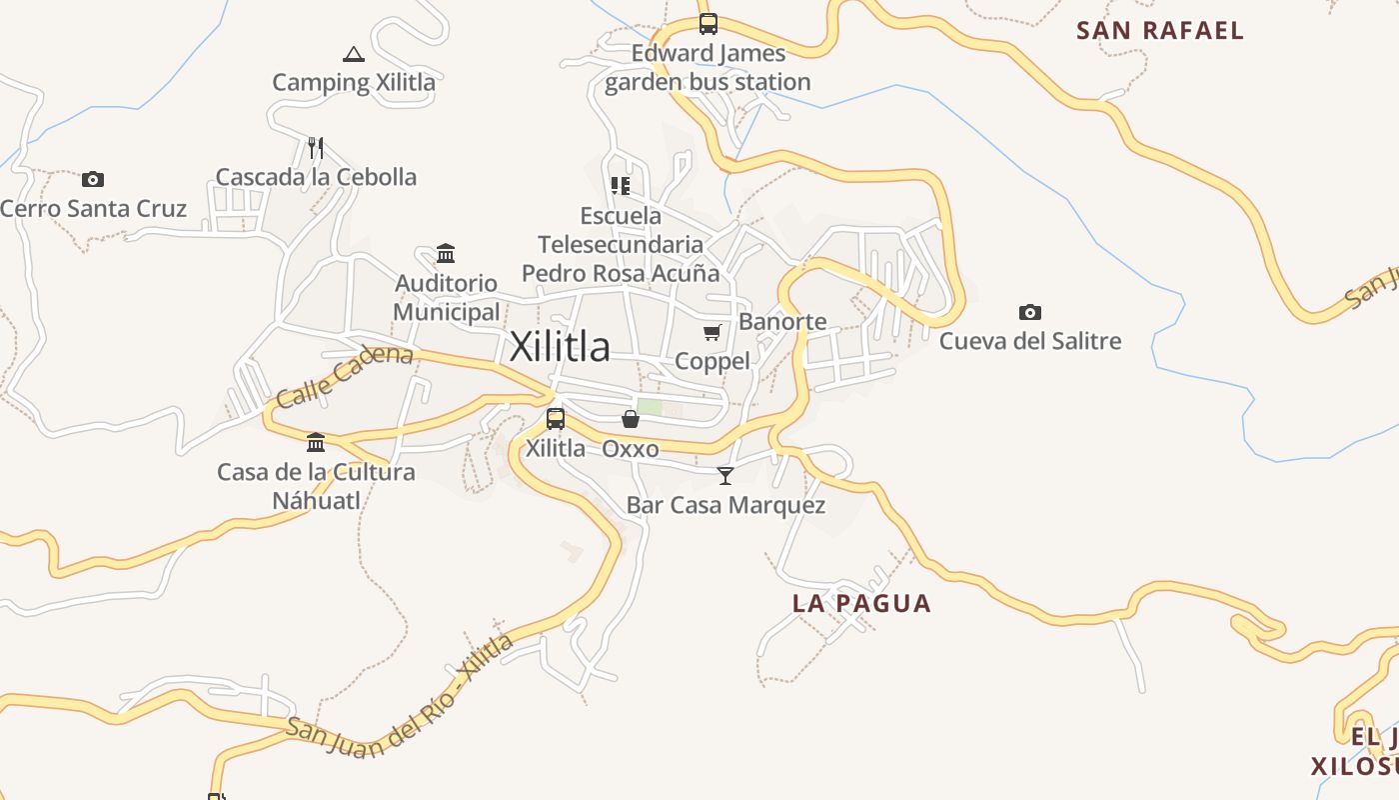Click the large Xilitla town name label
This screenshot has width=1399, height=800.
coord(560,347)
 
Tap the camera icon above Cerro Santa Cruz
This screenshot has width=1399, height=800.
coord(93,180)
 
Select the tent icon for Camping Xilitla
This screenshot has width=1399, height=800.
coord(353,54)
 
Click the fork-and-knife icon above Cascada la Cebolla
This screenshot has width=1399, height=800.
coord(316,148)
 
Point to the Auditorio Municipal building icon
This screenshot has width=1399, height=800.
coord(446,254)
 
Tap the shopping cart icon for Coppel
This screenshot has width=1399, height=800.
coord(711,333)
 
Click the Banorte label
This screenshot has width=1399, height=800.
coord(782,322)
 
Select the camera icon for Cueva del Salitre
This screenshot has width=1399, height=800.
coord(1030,313)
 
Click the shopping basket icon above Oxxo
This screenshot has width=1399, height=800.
coord(631,419)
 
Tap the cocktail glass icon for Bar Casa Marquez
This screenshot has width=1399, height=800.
coord(725,476)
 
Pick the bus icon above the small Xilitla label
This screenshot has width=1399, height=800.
coord(556,419)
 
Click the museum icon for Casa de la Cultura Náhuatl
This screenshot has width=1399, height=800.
coord(316,442)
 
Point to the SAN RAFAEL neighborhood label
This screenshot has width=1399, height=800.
coord(1160,31)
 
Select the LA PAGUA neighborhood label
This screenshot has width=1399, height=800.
coord(861,604)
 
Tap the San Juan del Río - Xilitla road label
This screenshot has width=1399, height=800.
coord(400,700)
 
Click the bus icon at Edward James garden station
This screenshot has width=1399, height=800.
coord(707,24)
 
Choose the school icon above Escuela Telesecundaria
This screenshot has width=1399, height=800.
coord(621,186)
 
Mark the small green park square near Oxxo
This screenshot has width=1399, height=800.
coord(650,407)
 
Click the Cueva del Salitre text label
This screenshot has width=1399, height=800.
coord(1030,341)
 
